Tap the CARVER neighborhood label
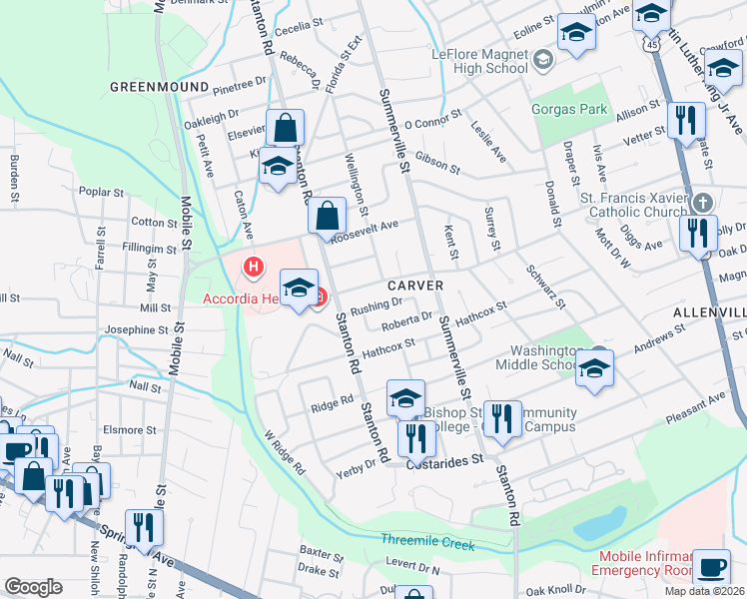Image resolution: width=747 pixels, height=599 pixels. [x=409, y=286]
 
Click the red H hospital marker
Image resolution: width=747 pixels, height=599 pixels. [x=255, y=267]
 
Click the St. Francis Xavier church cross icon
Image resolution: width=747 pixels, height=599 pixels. [x=701, y=203]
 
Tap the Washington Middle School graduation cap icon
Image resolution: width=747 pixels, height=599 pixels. [x=594, y=369]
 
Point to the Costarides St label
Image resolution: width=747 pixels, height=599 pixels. [x=444, y=460]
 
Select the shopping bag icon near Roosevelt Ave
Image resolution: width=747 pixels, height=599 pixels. [x=327, y=215]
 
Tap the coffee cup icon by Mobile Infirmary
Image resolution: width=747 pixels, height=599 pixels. [x=711, y=566]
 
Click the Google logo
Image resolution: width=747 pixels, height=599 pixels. [x=33, y=587]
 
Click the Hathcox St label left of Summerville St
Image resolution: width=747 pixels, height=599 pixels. [x=388, y=348]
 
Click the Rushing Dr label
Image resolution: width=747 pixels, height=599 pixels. [x=375, y=303]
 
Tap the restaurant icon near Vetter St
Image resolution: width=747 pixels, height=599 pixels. [x=684, y=121]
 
